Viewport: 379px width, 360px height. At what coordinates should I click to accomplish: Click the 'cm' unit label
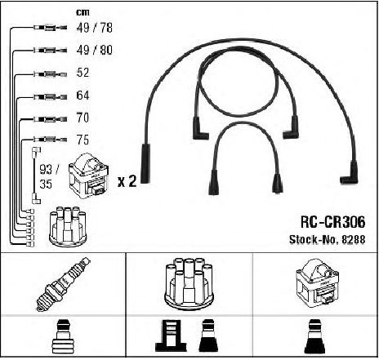coord(82,12)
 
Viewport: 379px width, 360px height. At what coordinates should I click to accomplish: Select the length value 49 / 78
coord(95,28)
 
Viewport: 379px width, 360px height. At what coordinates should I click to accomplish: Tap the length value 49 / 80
coord(95,50)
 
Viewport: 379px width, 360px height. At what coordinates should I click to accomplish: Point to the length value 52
coord(82,73)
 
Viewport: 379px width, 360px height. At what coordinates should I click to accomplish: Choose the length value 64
coord(82,96)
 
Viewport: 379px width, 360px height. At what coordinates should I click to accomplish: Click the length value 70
coord(82,118)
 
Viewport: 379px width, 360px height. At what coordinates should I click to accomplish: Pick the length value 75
coord(82,140)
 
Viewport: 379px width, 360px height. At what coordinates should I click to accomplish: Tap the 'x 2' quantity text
coord(127,181)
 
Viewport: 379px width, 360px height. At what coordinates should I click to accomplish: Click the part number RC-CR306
coord(332,222)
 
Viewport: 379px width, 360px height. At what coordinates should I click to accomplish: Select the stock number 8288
coord(354,239)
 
